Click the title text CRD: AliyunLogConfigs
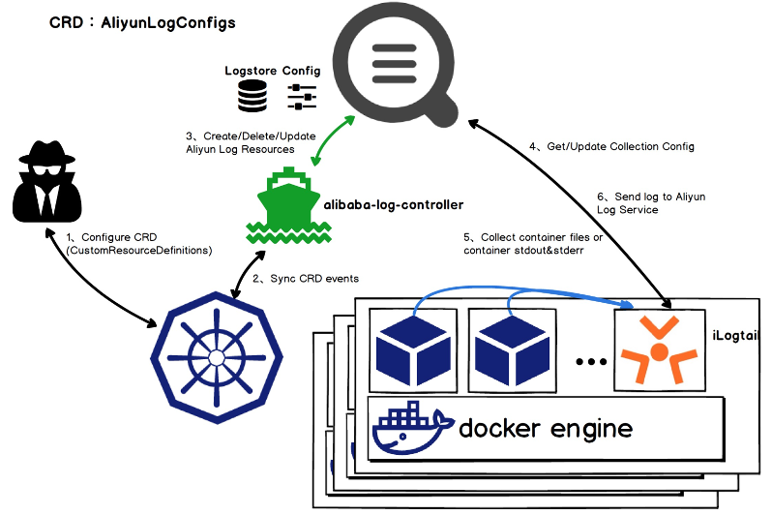tap(142, 23)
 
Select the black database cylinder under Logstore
tap(252, 96)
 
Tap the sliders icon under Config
tap(302, 97)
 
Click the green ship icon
tap(288, 206)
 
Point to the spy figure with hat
tap(46, 181)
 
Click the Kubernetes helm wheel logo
tap(217, 357)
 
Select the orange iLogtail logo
tap(659, 350)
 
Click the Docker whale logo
tap(412, 428)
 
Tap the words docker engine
tap(546, 428)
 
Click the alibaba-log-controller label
tap(394, 204)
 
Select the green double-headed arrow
tap(334, 140)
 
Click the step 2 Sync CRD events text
tap(306, 279)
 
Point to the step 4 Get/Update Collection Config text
tap(612, 146)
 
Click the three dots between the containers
tap(591, 362)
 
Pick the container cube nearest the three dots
tap(513, 350)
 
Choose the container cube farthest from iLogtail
tap(413, 350)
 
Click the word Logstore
tap(251, 71)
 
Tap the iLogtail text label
tap(735, 336)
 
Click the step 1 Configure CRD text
tap(139, 243)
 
